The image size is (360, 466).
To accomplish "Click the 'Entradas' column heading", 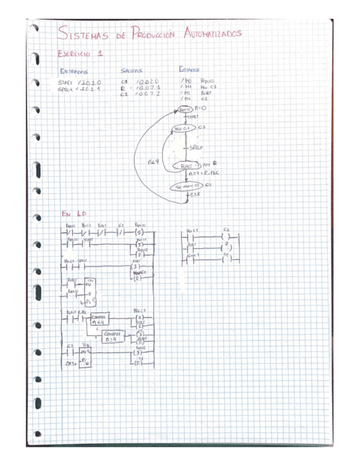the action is pyautogui.click(x=74, y=71).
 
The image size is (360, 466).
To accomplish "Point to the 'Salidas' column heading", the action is pyautogui.click(x=131, y=71).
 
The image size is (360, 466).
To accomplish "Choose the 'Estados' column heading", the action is pyautogui.click(x=190, y=70).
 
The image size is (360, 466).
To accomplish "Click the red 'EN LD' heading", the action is pyautogui.click(x=74, y=214).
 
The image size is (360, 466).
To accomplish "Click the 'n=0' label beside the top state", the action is pyautogui.click(x=200, y=110).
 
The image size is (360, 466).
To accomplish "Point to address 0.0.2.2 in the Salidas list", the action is pyautogui.click(x=149, y=95).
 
